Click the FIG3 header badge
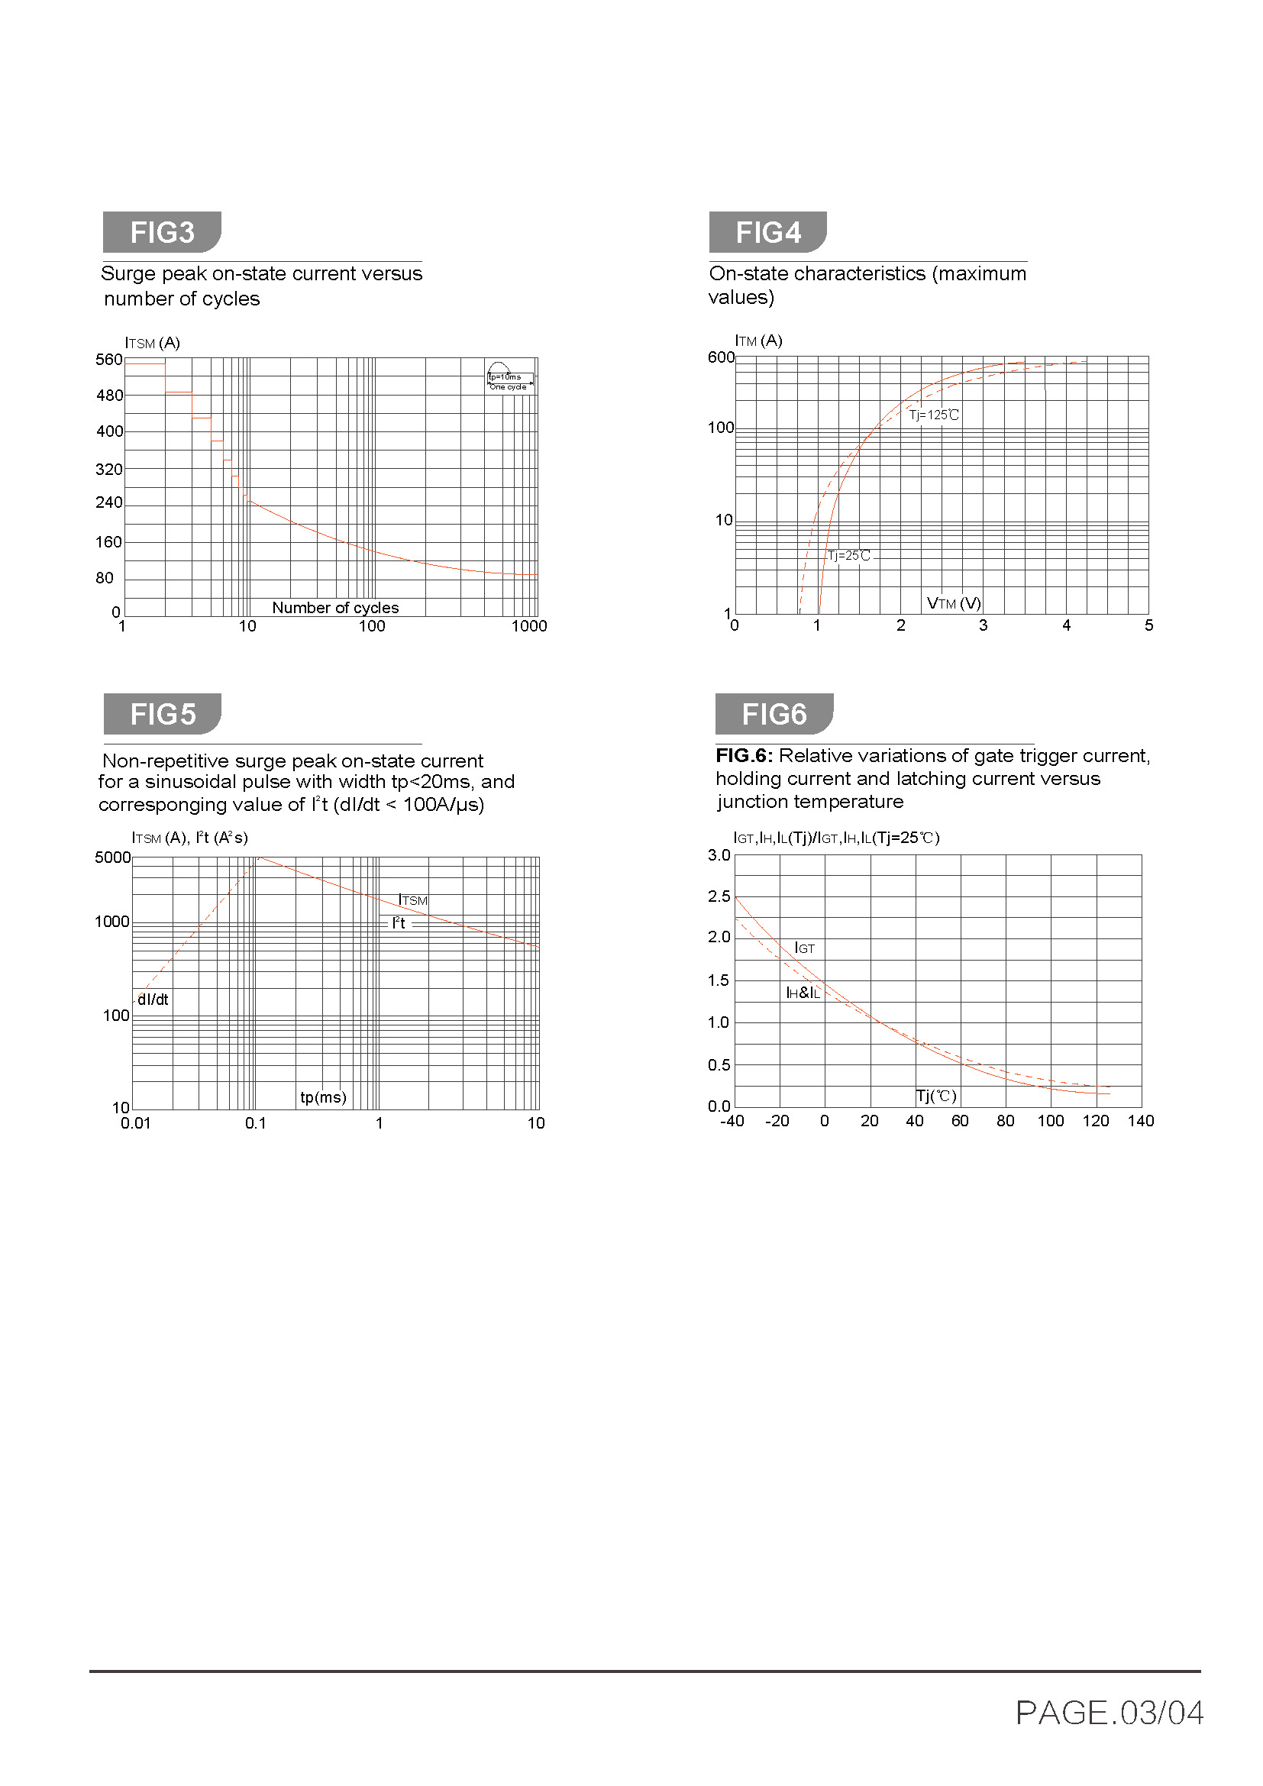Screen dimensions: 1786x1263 162,232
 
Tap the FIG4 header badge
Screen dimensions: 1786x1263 767,232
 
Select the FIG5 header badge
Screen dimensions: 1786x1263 162,713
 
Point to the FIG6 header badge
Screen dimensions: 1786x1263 773,713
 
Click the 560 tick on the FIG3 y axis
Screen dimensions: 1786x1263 109,360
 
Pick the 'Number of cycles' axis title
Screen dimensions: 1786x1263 335,608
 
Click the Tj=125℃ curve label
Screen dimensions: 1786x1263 933,415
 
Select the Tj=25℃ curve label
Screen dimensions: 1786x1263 848,555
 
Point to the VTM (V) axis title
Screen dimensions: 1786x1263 954,603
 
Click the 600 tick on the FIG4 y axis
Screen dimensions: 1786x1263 720,357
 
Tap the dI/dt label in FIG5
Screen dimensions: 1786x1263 153,1000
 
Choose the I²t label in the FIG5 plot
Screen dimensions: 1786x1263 399,923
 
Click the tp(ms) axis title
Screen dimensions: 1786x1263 323,1096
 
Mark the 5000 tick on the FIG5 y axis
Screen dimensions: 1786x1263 113,857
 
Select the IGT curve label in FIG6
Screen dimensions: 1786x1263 804,948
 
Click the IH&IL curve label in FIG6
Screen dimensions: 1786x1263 803,993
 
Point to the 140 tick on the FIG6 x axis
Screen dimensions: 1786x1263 1140,1121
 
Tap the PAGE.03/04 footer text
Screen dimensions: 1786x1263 1109,1713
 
